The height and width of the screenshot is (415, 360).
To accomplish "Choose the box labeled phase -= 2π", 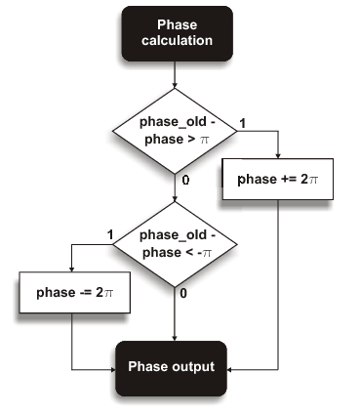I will (x=74, y=294).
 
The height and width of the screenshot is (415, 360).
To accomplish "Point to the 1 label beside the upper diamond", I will (x=243, y=123).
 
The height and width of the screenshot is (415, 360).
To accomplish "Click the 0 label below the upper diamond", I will (x=183, y=181).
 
